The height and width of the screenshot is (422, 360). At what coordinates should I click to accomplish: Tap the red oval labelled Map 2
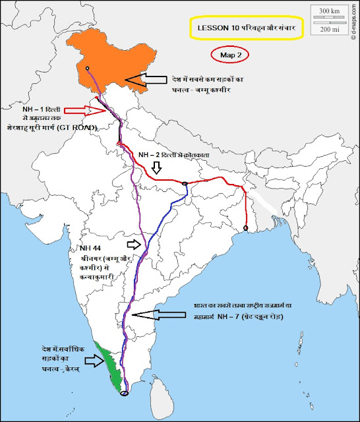229,55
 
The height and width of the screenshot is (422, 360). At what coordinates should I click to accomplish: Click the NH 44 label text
89,247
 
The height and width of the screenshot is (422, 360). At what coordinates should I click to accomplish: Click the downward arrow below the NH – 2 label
156,169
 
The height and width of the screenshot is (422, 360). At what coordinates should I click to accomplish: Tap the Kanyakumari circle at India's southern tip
124,394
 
